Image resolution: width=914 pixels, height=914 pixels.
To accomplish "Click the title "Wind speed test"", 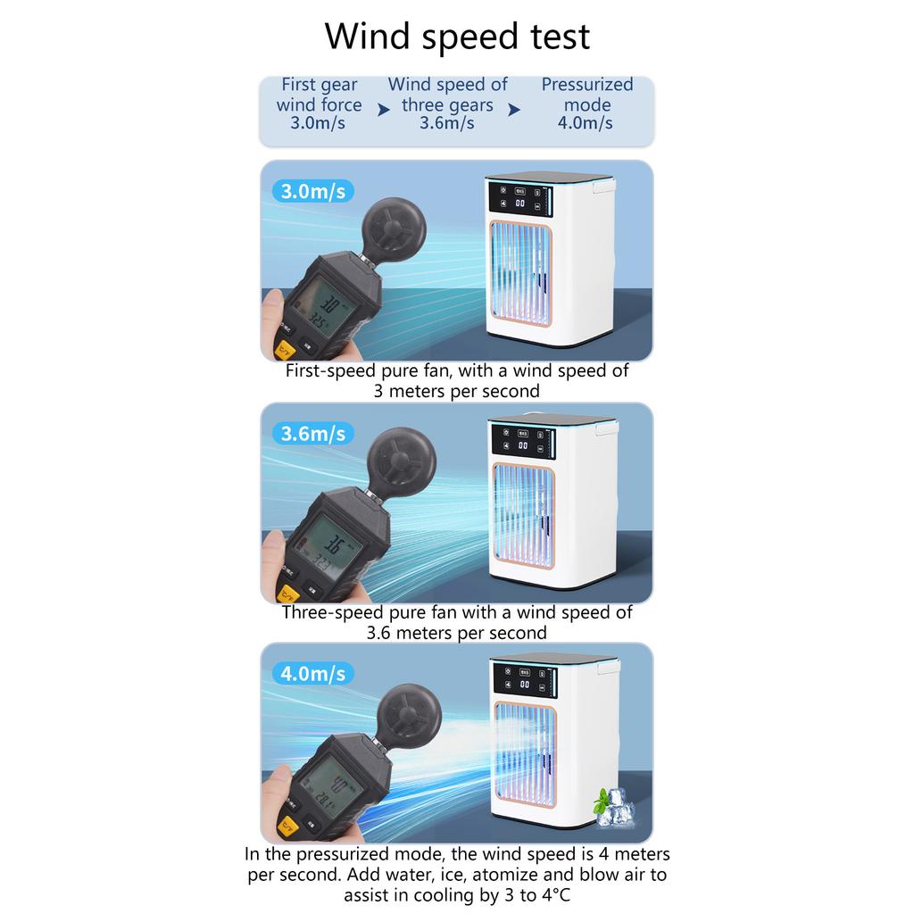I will point(456,37).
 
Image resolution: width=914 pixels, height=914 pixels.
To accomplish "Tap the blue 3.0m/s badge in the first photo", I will point(312,191).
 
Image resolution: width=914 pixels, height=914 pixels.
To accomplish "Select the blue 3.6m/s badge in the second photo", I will point(312,434).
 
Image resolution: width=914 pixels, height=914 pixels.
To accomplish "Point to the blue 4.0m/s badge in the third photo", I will point(312,672).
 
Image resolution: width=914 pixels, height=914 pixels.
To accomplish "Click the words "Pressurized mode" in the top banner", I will point(586,95).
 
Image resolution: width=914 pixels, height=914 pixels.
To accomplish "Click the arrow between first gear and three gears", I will point(384,110).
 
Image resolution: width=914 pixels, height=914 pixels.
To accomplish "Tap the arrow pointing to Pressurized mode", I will point(514,110).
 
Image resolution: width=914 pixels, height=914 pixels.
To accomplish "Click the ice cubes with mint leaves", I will point(614,807).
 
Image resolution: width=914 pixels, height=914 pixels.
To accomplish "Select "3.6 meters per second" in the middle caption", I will point(456,633).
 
